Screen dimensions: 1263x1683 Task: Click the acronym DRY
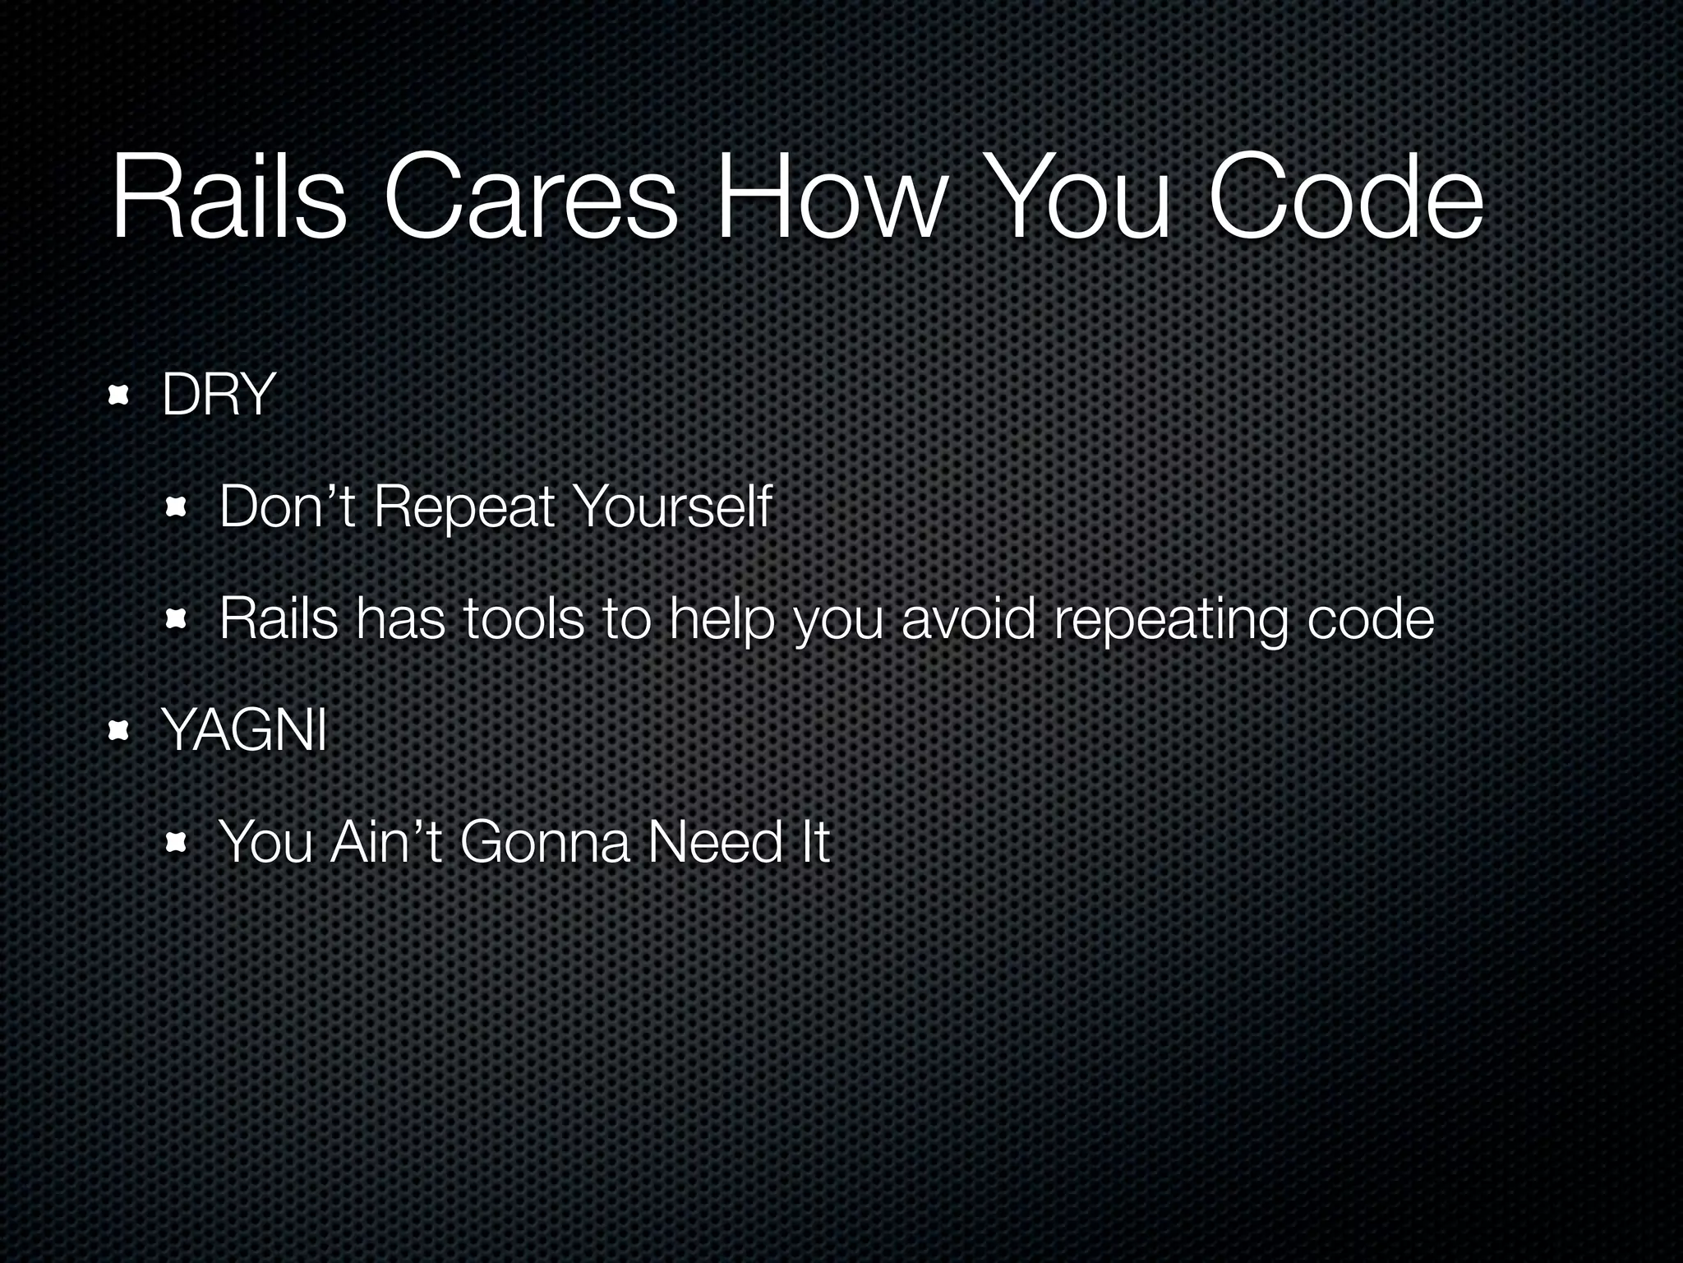click(x=218, y=396)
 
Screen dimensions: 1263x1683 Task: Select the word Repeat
click(x=464, y=507)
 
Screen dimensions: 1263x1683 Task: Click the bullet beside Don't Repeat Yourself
click(x=177, y=509)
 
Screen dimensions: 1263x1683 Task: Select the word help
click(x=722, y=620)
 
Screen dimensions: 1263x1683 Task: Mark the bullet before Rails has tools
click(x=177, y=621)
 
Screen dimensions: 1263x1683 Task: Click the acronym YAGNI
click(x=244, y=730)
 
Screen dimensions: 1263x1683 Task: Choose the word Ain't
click(x=386, y=842)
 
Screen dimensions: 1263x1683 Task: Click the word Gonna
click(x=545, y=842)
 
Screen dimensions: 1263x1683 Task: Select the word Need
click(x=715, y=842)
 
